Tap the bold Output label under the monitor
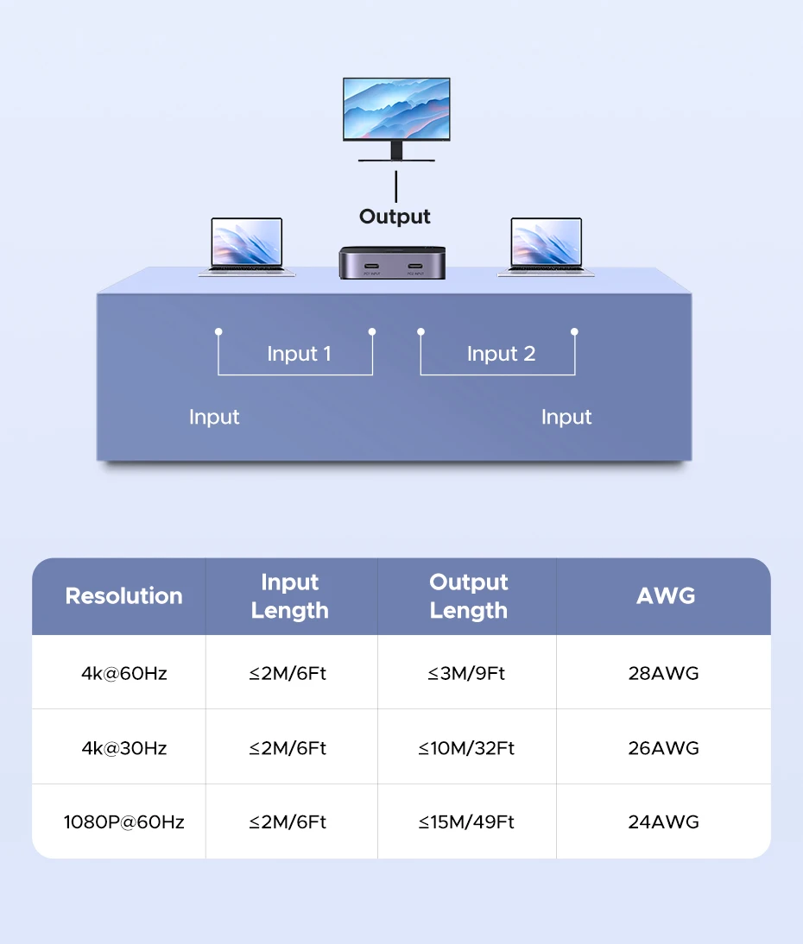pos(395,217)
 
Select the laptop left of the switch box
pos(247,246)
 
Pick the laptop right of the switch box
pos(546,246)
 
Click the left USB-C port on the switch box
pos(370,265)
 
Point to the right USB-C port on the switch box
pos(415,265)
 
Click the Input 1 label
pos(299,354)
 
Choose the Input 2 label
pos(501,354)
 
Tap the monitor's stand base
pos(396,159)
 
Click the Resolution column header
pos(123,596)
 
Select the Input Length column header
pos(290,596)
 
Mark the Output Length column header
pos(468,596)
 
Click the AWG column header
pos(665,595)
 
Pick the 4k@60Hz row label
pos(123,673)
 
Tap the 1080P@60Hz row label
pos(123,822)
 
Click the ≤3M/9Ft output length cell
pos(466,673)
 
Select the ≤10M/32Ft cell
pos(466,748)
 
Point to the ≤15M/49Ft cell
pos(466,822)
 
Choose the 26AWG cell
pos(663,748)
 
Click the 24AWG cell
pos(663,822)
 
